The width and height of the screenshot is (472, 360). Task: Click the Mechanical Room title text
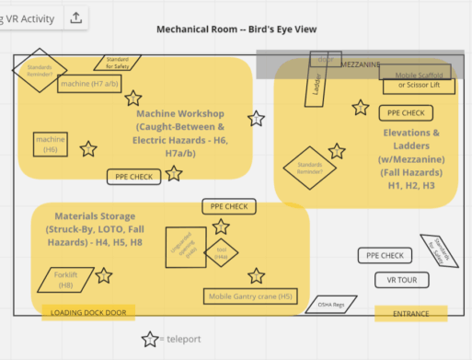236,29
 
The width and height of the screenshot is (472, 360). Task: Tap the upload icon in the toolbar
75,17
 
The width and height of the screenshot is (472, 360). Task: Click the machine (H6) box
51,144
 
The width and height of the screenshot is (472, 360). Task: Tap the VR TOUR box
397,279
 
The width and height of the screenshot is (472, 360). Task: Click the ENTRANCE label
410,314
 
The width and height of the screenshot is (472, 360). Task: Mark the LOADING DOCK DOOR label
88,313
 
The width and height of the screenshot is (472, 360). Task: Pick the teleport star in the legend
149,340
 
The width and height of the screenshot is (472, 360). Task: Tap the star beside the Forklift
104,275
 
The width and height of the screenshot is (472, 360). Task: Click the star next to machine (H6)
88,148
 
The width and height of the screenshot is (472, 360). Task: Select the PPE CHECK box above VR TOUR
385,255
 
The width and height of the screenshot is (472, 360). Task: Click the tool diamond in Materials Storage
221,250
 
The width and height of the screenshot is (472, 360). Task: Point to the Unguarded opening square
186,248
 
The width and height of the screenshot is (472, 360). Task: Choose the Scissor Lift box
420,86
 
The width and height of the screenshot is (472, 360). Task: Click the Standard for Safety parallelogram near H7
118,63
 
